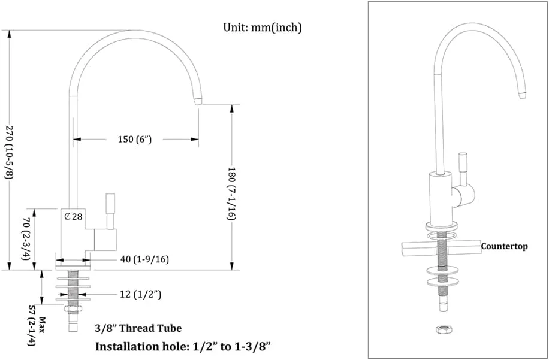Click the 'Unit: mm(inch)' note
point(263,28)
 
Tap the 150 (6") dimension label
point(135,139)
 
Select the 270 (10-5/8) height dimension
point(8,153)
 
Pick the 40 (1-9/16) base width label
point(144,259)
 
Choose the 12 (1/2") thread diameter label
point(140,295)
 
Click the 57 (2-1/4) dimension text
point(32,326)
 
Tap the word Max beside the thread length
point(43,325)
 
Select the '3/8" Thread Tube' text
point(138,328)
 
